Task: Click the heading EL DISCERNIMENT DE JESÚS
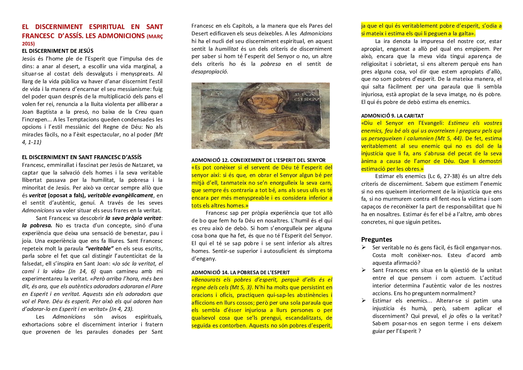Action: pyautogui.click(x=58, y=51)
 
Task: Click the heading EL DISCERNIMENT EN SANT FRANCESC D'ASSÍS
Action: pyautogui.click(x=82, y=157)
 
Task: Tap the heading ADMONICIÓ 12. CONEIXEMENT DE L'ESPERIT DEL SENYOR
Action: pyautogui.click(x=258, y=160)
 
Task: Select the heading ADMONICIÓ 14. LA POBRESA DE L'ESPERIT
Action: pyautogui.click(x=240, y=272)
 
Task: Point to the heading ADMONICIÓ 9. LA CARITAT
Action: pyautogui.click(x=392, y=116)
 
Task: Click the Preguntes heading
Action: pyautogui.click(x=376, y=240)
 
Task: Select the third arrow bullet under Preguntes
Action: pyautogui.click(x=364, y=301)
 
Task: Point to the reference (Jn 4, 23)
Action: pyautogui.click(x=121, y=309)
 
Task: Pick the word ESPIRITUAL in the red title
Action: pyautogui.click(x=107, y=27)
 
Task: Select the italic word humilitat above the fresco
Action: pyautogui.click(x=226, y=49)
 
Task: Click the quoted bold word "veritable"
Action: pyautogui.click(x=100, y=249)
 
